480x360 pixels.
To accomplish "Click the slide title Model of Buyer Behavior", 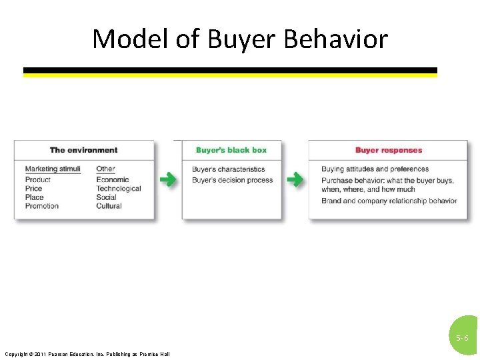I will (x=240, y=39).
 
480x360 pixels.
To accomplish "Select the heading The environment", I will (x=83, y=150).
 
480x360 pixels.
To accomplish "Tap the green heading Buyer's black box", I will (x=231, y=150).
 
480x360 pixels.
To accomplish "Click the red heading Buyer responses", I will (x=389, y=150).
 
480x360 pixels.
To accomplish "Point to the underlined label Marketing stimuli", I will (x=53, y=169).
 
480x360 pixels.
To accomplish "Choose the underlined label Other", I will (x=105, y=169).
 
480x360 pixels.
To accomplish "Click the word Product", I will (x=38, y=179).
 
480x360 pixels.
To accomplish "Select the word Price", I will (x=33, y=189).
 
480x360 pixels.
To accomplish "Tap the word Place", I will (x=34, y=197).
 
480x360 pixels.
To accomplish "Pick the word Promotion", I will (x=42, y=206).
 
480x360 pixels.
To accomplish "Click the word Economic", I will (x=113, y=179).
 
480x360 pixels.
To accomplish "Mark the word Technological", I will (x=119, y=189).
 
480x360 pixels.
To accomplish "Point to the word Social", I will (x=106, y=197).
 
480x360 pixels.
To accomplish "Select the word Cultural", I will (x=109, y=206).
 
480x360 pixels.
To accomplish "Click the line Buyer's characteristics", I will (x=229, y=169).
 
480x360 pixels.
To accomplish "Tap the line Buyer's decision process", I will (x=232, y=180).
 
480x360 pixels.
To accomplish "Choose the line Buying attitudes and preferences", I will (x=375, y=169).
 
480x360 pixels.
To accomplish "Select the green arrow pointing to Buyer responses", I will (x=294, y=180).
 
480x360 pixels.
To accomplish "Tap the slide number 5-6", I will (x=462, y=338).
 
